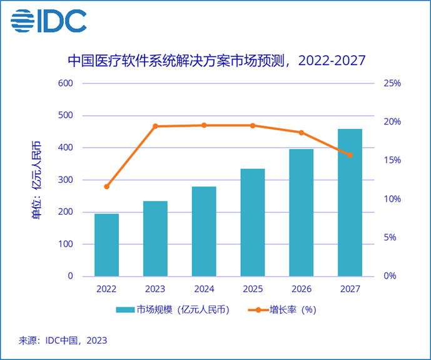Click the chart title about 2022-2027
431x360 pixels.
click(216, 61)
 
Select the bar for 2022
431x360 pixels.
click(106, 245)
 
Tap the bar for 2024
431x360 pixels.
click(204, 231)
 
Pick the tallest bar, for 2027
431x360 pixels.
click(350, 202)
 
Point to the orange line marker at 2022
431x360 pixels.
click(106, 187)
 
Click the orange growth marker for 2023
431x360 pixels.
click(155, 126)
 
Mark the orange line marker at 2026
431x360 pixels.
click(301, 133)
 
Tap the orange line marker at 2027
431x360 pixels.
click(350, 155)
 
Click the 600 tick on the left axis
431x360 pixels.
click(66, 83)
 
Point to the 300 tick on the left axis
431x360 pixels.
click(66, 180)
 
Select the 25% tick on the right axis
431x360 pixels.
click(392, 83)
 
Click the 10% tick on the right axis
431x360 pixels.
click(392, 199)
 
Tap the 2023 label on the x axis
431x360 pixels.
click(155, 289)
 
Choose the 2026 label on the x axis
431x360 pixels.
click(301, 289)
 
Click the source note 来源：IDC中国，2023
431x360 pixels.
click(63, 341)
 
